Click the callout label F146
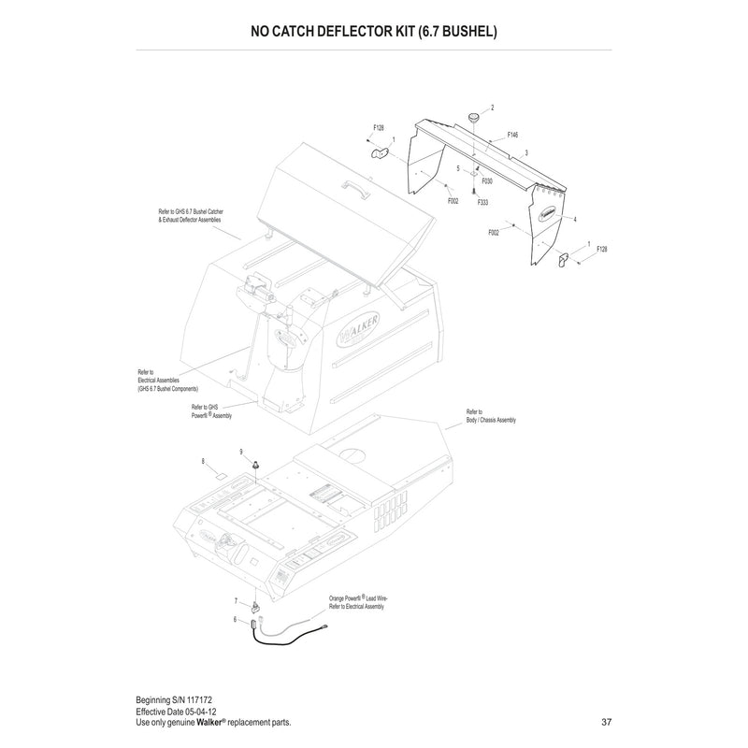[512, 135]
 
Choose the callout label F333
[482, 202]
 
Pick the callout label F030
[487, 180]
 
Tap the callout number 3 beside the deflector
[527, 151]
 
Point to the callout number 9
[242, 452]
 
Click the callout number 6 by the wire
[236, 619]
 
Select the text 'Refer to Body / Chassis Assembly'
[491, 416]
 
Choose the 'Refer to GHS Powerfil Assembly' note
[210, 410]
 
